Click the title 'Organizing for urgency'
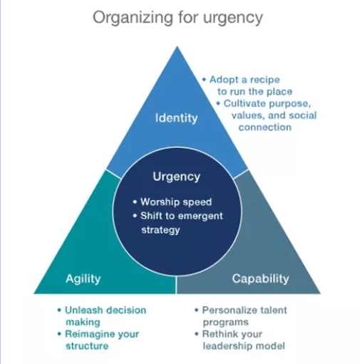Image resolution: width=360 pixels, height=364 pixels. pyautogui.click(x=178, y=18)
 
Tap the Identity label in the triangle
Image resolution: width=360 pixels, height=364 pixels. pyautogui.click(x=176, y=118)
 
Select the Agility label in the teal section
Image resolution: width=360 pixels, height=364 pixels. pyautogui.click(x=83, y=279)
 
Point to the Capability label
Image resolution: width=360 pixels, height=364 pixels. pyautogui.click(x=260, y=279)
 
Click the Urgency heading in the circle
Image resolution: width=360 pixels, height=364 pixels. pyautogui.click(x=177, y=177)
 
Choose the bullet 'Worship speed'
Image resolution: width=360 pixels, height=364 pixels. pyautogui.click(x=173, y=202)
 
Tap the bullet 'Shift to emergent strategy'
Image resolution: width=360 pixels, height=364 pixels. pyautogui.click(x=178, y=223)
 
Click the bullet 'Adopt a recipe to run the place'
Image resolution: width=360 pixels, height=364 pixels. pyautogui.click(x=247, y=85)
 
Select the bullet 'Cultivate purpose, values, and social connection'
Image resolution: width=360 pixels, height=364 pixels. pyautogui.click(x=267, y=115)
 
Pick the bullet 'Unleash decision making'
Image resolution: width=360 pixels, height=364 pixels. pyautogui.click(x=102, y=316)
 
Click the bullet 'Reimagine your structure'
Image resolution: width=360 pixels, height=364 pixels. pyautogui.click(x=98, y=340)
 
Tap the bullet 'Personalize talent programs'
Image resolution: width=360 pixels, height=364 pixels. pyautogui.click(x=241, y=316)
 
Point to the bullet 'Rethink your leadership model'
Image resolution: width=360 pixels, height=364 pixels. pyautogui.click(x=240, y=340)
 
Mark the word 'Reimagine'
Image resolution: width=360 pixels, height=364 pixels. pyautogui.click(x=90, y=335)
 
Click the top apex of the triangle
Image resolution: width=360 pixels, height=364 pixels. pyautogui.click(x=177, y=46)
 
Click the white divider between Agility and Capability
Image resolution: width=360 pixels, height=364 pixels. pyautogui.click(x=176, y=284)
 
